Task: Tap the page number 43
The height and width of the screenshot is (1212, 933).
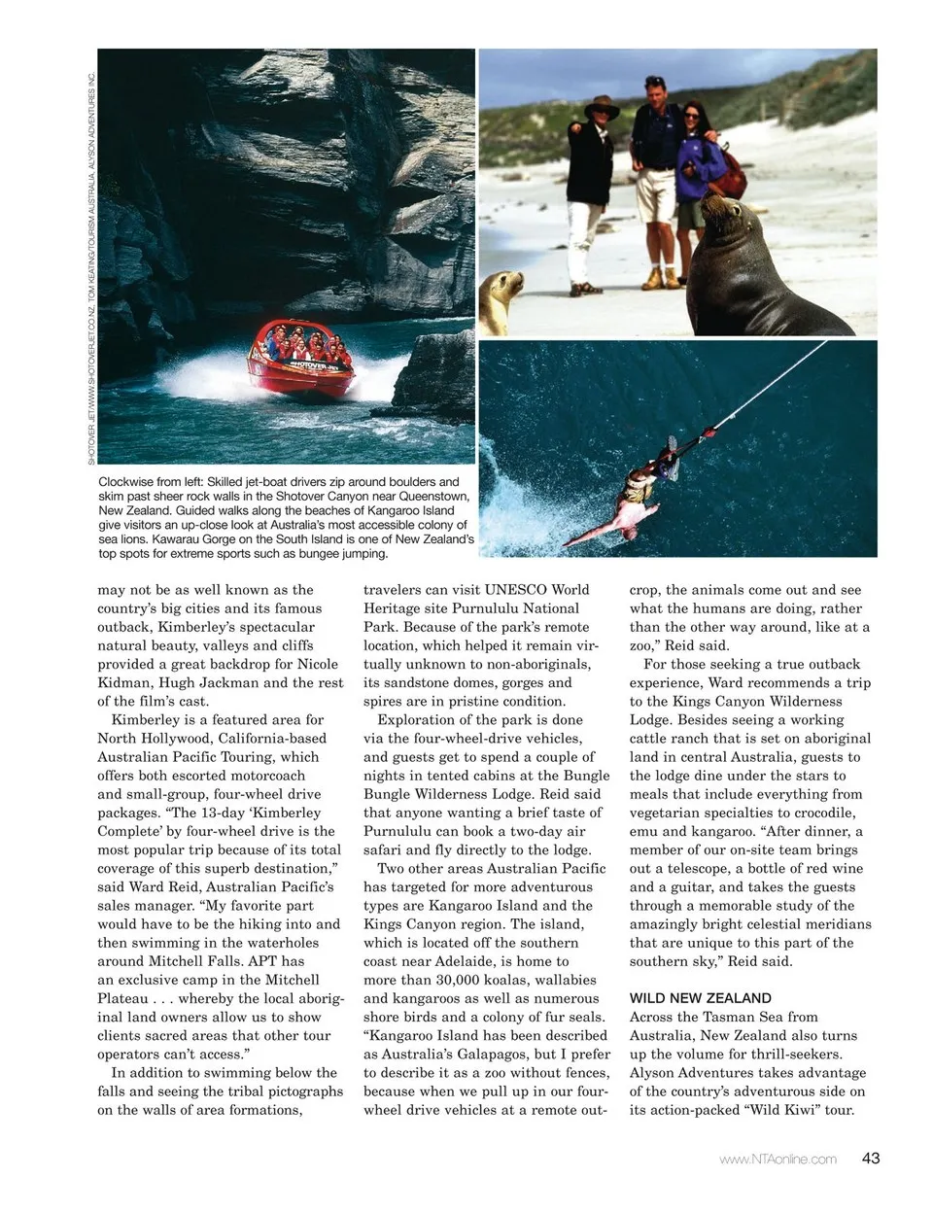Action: click(870, 1158)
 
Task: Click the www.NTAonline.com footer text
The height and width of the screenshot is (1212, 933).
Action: click(777, 1159)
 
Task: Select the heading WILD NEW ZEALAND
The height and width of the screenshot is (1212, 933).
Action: click(700, 998)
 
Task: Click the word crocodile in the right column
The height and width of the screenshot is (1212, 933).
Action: click(828, 813)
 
